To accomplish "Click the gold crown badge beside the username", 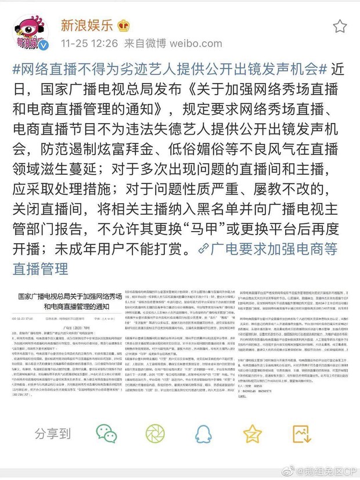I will coord(124,24).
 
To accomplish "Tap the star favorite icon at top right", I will coord(340,26).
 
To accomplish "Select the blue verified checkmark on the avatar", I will coord(44,46).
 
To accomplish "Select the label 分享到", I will coord(53,433).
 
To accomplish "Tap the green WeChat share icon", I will coord(107,433).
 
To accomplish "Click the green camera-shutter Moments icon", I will coord(154,433).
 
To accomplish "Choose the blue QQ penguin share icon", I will coord(203,433).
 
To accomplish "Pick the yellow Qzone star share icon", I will coord(252,433).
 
